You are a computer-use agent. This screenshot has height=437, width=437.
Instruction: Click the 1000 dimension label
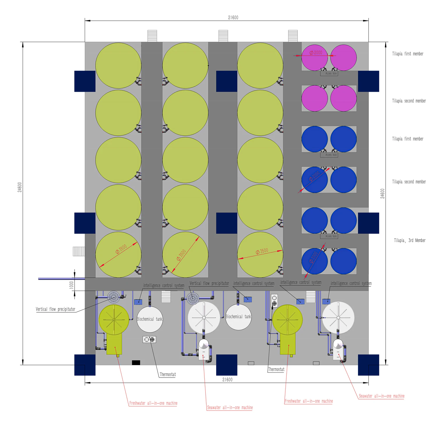(71, 284)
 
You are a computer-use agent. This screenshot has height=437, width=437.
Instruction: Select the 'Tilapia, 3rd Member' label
(410, 240)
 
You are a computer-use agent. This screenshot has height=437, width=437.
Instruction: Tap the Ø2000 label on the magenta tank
(316, 53)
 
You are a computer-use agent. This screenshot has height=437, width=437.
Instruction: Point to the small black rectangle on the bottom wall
(136, 363)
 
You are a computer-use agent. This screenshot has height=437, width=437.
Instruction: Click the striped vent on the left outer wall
(79, 251)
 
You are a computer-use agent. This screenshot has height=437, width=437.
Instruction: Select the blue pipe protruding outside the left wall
(61, 279)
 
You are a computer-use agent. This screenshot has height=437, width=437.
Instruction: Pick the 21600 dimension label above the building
(233, 17)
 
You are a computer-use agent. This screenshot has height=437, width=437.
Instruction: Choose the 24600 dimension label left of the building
(20, 187)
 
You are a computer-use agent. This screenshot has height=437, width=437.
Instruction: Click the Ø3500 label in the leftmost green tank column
(121, 249)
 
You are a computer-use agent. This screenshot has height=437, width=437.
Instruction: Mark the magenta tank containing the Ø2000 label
(315, 58)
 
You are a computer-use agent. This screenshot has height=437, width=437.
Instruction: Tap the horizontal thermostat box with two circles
(149, 339)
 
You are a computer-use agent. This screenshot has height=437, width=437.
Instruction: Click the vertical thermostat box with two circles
(274, 301)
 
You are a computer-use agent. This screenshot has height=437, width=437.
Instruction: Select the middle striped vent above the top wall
(223, 36)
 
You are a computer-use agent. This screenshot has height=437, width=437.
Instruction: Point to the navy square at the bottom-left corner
(85, 365)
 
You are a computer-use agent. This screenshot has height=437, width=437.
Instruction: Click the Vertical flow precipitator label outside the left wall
(55, 309)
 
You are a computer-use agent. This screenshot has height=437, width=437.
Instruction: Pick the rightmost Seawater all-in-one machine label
(381, 396)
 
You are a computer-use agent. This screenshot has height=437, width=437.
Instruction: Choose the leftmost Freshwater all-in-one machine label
(153, 403)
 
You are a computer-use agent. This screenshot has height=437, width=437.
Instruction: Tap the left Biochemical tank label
(150, 319)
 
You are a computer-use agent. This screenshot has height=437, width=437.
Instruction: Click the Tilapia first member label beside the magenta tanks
(408, 54)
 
